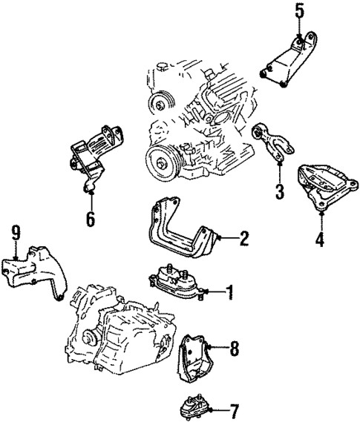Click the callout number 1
(229, 291)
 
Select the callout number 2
(243, 238)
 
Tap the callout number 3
(279, 192)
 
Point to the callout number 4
(319, 240)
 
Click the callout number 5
(299, 11)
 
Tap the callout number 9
(15, 234)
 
